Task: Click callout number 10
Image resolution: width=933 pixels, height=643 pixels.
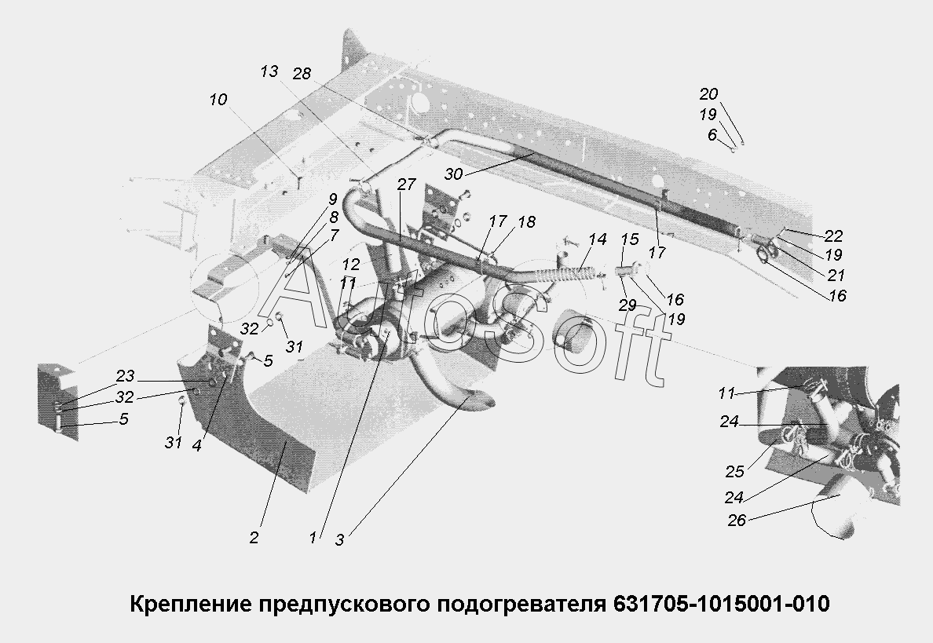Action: (218, 100)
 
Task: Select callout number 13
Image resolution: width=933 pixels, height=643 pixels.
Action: (269, 71)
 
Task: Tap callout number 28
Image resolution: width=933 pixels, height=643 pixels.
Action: (302, 74)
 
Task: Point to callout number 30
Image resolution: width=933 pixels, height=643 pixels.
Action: (454, 174)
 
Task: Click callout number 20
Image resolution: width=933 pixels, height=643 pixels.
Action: (708, 94)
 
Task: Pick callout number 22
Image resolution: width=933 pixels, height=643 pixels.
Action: (833, 236)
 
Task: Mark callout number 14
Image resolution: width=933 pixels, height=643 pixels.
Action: (597, 239)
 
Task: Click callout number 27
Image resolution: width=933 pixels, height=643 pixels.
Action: (405, 185)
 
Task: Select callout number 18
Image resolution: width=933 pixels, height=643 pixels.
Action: (525, 222)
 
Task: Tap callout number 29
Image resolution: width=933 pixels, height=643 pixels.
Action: (626, 305)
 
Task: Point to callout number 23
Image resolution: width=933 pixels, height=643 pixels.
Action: (125, 375)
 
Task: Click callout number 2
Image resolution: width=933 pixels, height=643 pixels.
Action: (254, 538)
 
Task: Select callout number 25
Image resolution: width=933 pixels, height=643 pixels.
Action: (734, 472)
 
